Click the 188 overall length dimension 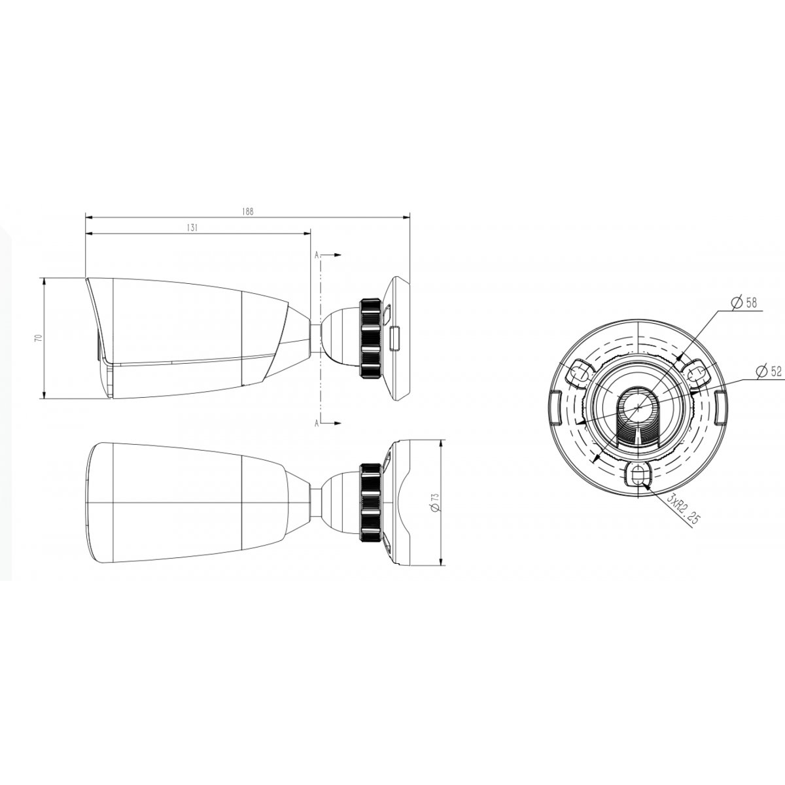pyautogui.click(x=247, y=211)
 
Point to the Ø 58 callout pyautogui.click(x=744, y=303)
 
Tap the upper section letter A pyautogui.click(x=317, y=255)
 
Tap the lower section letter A pyautogui.click(x=317, y=424)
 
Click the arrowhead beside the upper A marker pyautogui.click(x=337, y=255)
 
